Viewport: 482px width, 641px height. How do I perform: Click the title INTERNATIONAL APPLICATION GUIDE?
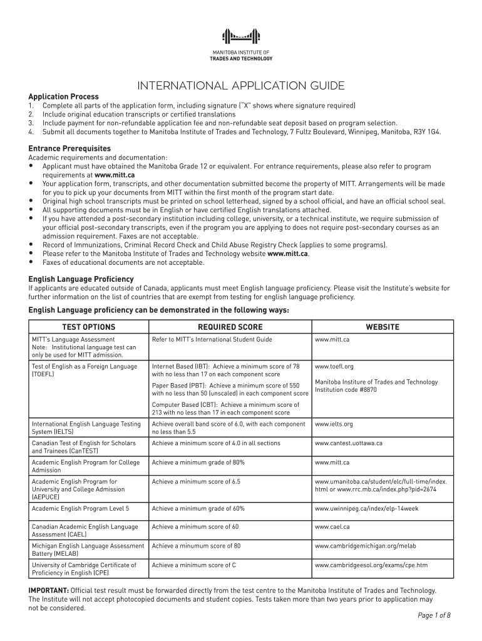point(241,85)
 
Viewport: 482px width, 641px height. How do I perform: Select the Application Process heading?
point(63,96)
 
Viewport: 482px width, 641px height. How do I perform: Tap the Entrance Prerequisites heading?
point(68,148)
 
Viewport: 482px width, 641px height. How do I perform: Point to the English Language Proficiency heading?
point(81,279)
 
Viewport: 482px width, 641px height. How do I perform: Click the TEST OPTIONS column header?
point(88,327)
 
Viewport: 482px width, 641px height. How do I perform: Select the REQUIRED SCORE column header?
point(230,327)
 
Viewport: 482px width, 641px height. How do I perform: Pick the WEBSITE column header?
point(382,327)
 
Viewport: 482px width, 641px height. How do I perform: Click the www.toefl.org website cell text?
point(334,366)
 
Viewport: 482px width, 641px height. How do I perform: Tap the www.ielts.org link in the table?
point(334,424)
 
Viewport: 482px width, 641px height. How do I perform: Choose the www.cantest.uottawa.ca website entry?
point(348,443)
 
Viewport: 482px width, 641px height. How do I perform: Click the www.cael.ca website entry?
point(332,527)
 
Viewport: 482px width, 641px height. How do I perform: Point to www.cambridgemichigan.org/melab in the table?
point(363,546)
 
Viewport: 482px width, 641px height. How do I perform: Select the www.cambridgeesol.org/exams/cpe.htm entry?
point(371,565)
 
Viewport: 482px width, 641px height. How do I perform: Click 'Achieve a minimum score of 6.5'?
point(196,481)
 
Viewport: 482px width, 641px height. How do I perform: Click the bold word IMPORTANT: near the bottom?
point(49,590)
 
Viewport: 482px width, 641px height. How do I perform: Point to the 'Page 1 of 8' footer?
point(434,615)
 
